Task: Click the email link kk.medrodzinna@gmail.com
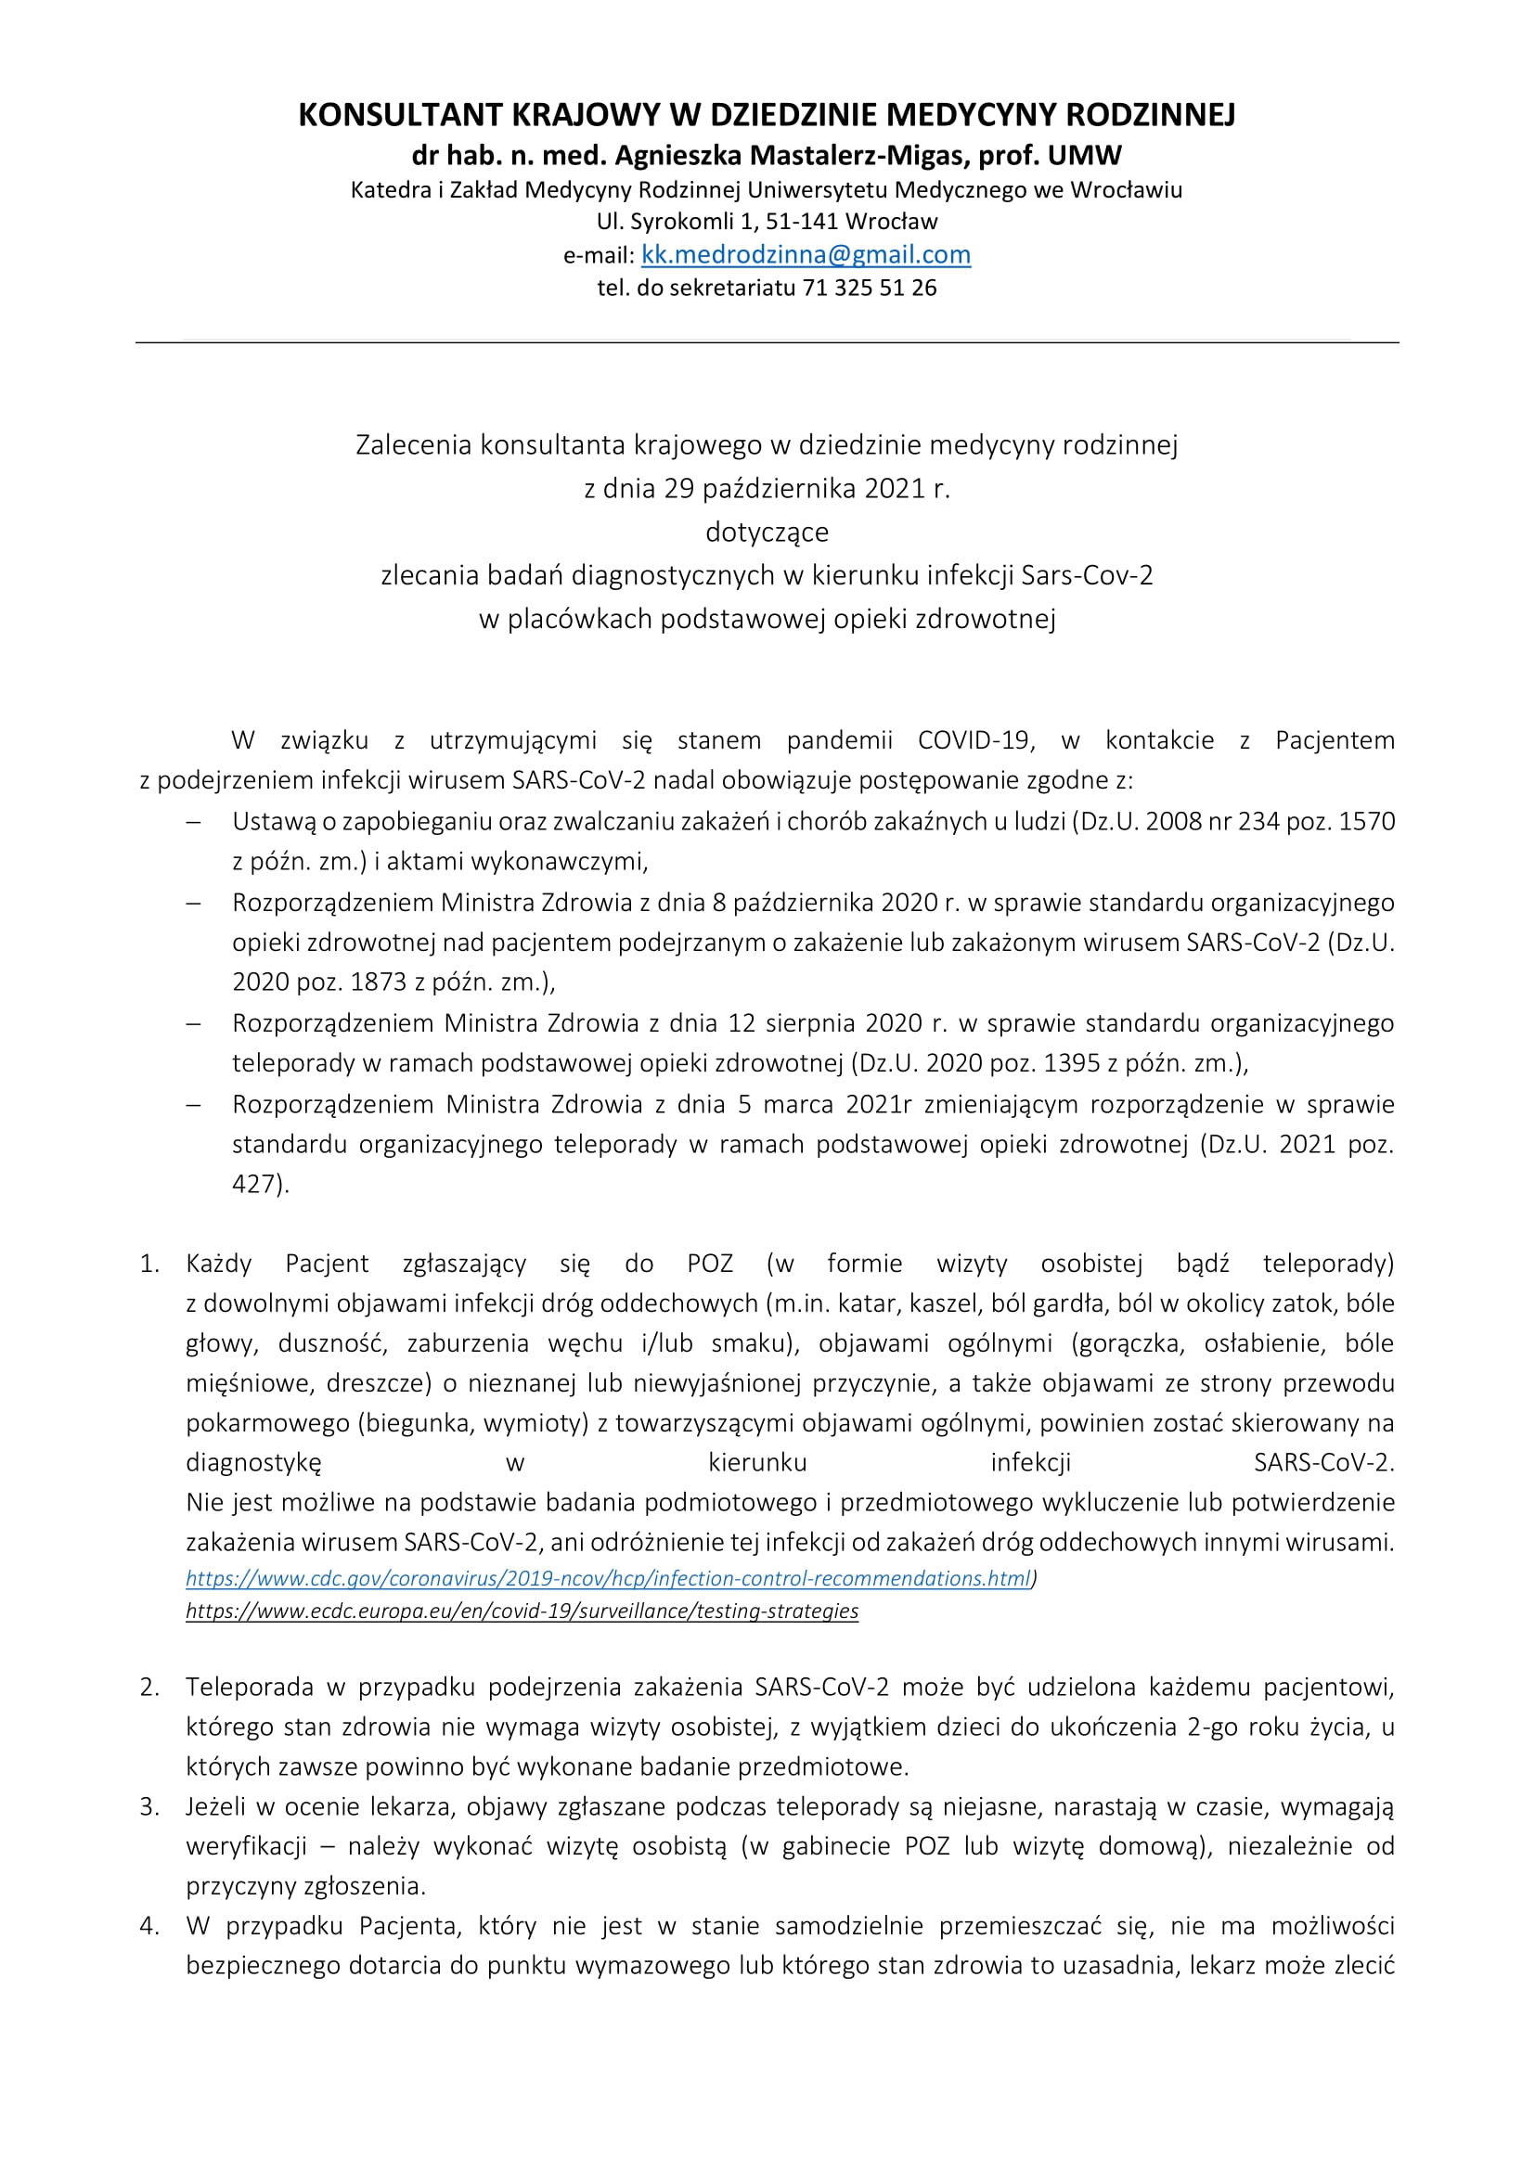click(806, 254)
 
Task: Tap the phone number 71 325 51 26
click(870, 288)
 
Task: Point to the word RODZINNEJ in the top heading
click(1150, 114)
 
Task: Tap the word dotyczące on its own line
click(767, 532)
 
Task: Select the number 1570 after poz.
click(1367, 820)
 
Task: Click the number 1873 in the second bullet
click(378, 981)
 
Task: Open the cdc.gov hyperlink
click(610, 1577)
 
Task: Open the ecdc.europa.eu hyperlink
click(522, 1610)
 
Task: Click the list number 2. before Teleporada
click(149, 1686)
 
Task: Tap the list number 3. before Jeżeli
click(149, 1806)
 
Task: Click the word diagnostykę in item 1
click(253, 1462)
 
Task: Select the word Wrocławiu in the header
click(1126, 189)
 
